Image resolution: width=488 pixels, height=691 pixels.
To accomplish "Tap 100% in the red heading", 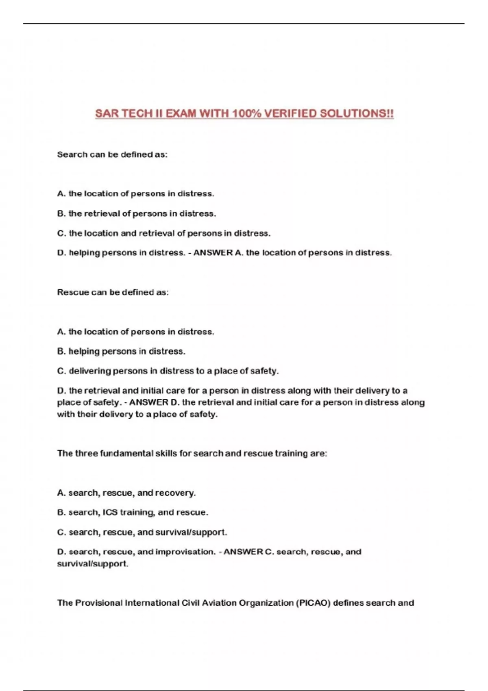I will click(x=247, y=113).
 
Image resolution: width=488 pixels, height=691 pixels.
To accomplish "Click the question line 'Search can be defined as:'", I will click(x=112, y=154).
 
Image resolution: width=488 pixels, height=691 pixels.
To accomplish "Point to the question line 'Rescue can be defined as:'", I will click(x=113, y=292).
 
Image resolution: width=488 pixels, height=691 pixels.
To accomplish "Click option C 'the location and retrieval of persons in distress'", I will click(x=164, y=233).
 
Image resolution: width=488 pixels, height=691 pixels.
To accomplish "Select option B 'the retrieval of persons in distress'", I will click(x=137, y=213).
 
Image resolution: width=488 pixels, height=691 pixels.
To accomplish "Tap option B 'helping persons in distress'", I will click(x=121, y=351).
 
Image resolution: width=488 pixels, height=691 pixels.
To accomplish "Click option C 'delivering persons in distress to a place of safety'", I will click(x=168, y=371).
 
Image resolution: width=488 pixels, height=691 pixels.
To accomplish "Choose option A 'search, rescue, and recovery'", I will click(x=126, y=493).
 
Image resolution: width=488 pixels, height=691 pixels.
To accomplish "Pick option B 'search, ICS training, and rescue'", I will click(x=133, y=512).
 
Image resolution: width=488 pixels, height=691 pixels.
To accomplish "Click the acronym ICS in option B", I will click(x=110, y=512).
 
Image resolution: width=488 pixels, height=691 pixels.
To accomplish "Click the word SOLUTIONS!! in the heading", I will click(x=357, y=113).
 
